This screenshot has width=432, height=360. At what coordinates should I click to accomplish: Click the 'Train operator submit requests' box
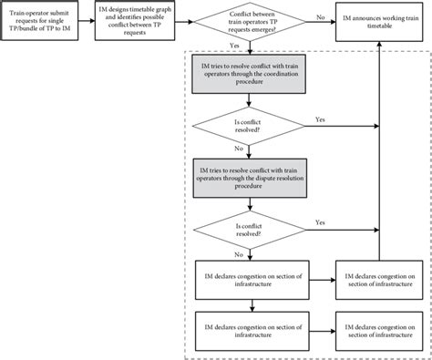pos(46,19)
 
